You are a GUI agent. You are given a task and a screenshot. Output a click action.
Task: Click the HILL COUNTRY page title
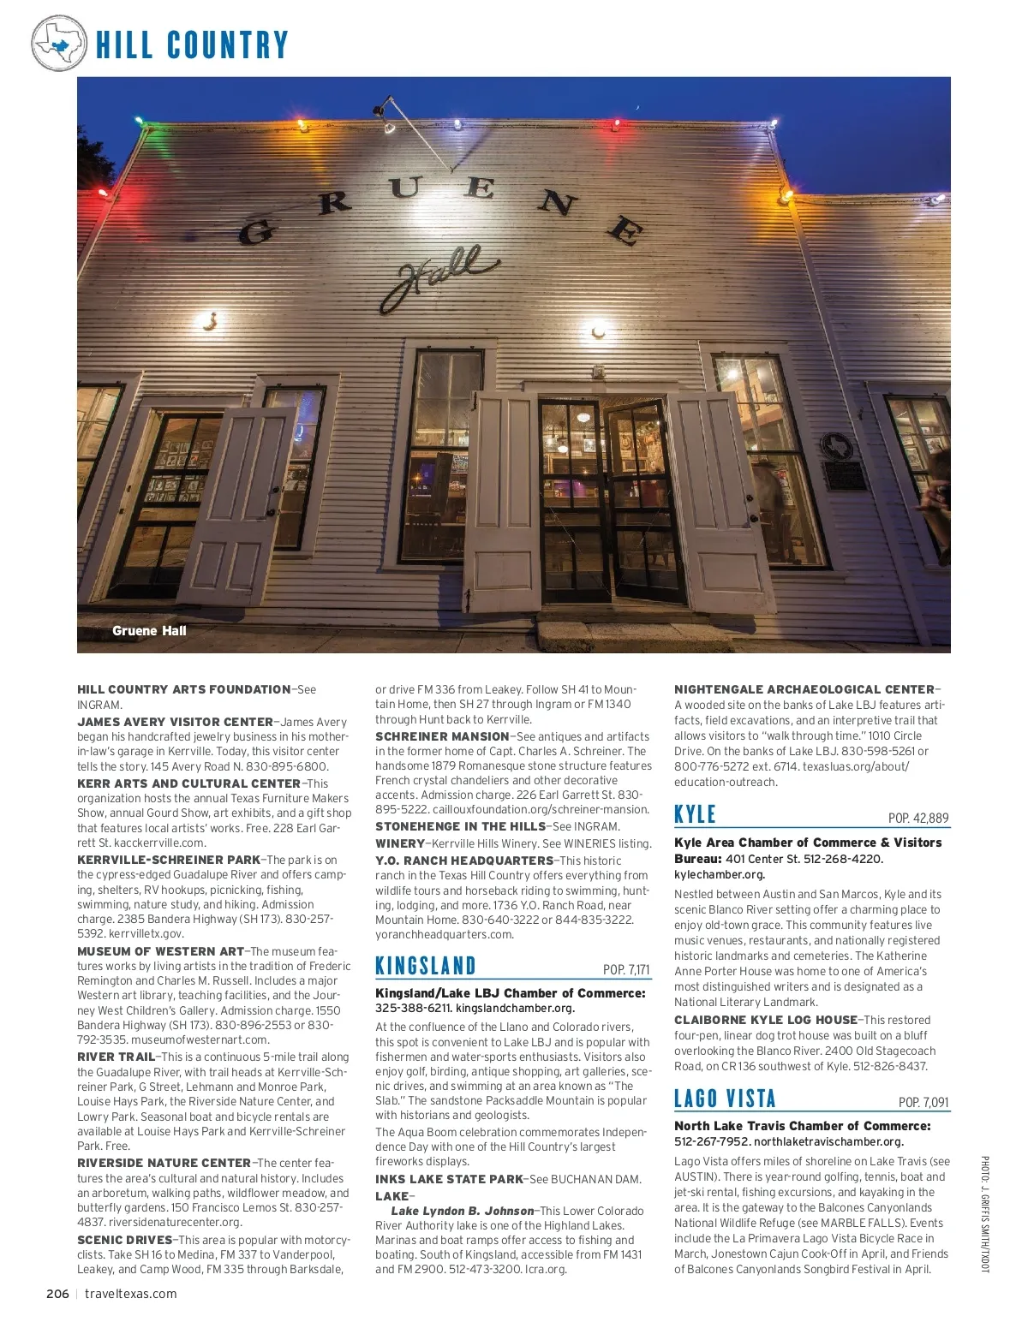point(192,45)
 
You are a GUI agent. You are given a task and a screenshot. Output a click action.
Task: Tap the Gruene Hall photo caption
point(149,631)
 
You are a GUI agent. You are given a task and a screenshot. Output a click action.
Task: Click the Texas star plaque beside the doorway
point(835,445)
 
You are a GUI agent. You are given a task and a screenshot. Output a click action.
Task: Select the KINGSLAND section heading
point(426,967)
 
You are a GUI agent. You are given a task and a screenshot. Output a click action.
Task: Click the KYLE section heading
point(695,815)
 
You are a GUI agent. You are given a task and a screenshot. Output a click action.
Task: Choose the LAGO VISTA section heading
point(725,1099)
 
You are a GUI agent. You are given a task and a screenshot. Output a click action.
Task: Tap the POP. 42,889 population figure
point(918,819)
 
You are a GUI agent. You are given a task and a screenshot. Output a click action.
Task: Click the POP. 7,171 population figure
point(626,970)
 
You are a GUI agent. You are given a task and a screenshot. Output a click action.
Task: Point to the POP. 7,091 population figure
point(923,1103)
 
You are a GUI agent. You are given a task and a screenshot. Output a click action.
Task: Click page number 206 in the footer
point(57,1294)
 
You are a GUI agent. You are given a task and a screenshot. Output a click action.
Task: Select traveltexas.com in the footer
point(131,1294)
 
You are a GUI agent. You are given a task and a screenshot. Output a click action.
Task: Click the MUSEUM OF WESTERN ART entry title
point(161,951)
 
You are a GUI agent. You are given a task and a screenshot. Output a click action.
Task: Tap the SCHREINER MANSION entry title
point(442,736)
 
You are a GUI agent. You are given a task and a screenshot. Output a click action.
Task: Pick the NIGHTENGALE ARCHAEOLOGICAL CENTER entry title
point(804,689)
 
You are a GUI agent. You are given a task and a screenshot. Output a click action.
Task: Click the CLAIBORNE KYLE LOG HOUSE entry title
point(766,1020)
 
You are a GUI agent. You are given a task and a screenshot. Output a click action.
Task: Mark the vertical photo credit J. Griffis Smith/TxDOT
point(985,1214)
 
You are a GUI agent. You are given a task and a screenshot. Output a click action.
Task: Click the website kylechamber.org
point(720,874)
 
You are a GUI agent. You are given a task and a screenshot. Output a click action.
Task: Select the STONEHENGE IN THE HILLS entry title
point(460,826)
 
